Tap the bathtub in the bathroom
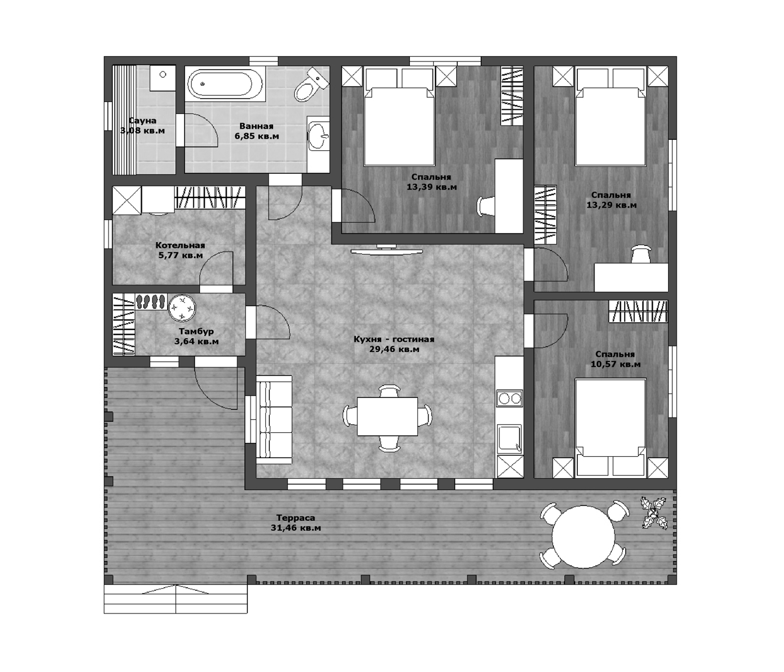220,84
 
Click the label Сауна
142,121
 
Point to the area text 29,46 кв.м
394,350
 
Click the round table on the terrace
583,537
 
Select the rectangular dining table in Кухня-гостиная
388,416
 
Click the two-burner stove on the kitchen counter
509,398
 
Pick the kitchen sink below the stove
509,439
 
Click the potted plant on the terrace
653,513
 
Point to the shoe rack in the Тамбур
151,302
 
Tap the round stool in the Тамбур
182,308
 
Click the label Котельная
180,245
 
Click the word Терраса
295,518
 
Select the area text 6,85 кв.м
257,136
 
